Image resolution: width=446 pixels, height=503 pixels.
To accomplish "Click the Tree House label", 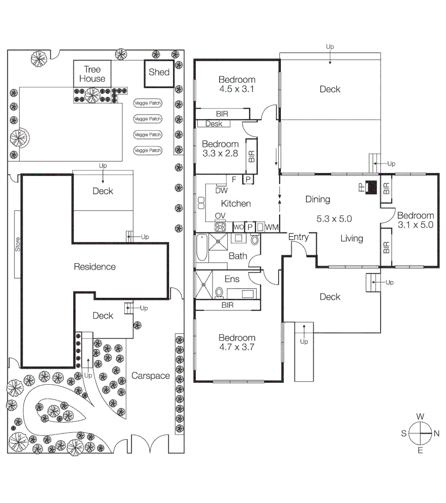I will click(92, 74).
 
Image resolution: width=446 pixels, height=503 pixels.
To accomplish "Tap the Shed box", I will click(159, 72).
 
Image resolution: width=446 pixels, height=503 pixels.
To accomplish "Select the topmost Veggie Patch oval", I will click(148, 103).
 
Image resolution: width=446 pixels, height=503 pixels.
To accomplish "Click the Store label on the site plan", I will click(18, 245).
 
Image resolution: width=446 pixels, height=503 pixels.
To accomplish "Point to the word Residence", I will click(94, 267).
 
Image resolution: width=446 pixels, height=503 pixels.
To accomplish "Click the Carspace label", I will click(150, 375).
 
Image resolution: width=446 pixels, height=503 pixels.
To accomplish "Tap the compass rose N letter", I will click(436, 433).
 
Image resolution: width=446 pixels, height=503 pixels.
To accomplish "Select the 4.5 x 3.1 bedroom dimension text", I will click(237, 89).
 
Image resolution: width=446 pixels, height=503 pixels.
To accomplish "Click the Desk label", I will click(213, 124).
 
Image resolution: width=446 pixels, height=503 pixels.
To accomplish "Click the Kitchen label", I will click(236, 204).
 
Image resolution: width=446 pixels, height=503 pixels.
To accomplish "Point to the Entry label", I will click(298, 237).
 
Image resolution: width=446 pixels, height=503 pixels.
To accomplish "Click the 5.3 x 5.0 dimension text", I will click(334, 218).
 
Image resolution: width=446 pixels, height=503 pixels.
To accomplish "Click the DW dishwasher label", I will click(221, 190).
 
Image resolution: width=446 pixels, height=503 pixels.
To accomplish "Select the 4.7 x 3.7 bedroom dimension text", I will click(237, 347).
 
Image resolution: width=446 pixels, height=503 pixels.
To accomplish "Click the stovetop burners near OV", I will click(220, 227).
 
